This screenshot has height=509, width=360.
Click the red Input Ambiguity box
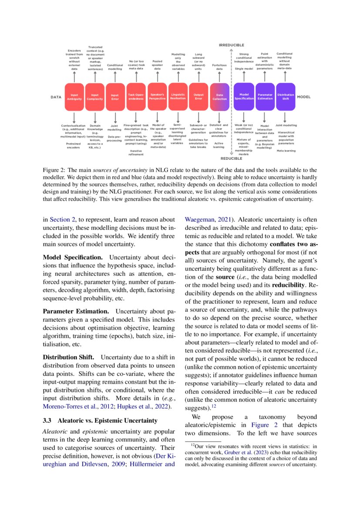(74, 97)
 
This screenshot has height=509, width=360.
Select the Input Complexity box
(94, 97)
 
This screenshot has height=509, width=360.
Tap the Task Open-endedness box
(136, 97)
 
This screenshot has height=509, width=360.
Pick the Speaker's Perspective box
(157, 97)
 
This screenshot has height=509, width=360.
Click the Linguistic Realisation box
(178, 97)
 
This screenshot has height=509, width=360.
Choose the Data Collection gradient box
(219, 97)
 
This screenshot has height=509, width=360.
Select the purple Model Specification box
(244, 97)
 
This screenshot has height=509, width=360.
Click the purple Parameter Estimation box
(265, 97)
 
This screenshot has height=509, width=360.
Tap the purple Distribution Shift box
(286, 97)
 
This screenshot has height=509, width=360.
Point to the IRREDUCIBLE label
(231, 45)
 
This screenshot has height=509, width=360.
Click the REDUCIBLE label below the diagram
(231, 158)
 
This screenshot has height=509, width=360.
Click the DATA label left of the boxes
(55, 97)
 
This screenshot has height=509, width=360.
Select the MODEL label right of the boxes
(303, 97)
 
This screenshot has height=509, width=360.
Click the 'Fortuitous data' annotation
(219, 67)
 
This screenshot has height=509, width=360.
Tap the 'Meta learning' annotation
(286, 151)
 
